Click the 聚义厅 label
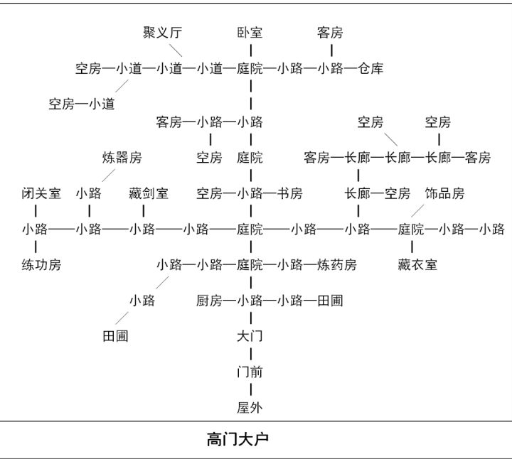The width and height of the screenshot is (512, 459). click(162, 33)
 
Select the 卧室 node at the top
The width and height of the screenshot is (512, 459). click(250, 33)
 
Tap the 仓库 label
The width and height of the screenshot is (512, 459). click(370, 68)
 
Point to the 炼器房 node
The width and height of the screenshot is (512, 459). click(122, 158)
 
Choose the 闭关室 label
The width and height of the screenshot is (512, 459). click(41, 193)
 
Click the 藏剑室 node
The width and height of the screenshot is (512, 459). click(149, 193)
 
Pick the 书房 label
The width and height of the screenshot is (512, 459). click(290, 193)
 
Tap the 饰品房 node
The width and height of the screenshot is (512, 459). click(444, 193)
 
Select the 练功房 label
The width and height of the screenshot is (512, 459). click(41, 264)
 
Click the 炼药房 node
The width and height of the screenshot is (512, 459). click(337, 264)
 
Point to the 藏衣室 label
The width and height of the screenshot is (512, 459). click(417, 264)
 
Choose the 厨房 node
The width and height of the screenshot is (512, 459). click(209, 301)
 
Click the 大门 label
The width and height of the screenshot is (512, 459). click(250, 336)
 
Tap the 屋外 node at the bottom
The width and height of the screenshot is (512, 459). click(250, 408)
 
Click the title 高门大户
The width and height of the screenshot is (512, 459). click(238, 439)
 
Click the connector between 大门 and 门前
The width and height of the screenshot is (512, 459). click(251, 354)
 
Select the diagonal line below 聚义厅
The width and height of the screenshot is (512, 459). click(176, 50)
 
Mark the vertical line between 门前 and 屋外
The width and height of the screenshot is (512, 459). click(251, 390)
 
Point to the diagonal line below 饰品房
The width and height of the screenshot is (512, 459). click(417, 211)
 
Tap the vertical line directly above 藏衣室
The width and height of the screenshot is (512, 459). click(412, 247)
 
